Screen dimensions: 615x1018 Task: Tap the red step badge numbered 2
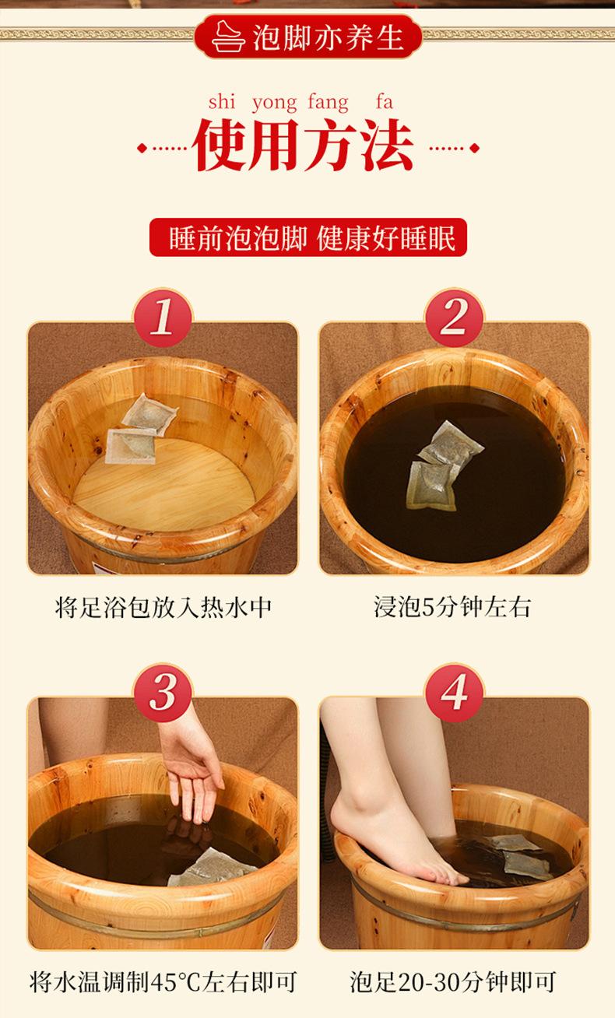pos(454,318)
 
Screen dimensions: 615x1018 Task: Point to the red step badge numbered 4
pos(454,693)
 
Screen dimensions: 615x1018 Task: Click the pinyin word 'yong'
pos(275,104)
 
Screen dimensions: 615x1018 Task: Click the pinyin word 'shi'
pos(222,101)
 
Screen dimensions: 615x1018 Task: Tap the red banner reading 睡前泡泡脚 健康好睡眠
pos(308,237)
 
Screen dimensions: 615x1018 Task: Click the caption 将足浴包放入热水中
pos(163,607)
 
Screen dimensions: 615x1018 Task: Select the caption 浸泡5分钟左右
pos(453,607)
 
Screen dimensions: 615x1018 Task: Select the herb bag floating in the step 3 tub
pos(212,869)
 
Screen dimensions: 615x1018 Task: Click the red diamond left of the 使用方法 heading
pos(142,148)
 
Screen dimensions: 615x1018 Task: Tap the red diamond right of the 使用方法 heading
pos(474,148)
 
